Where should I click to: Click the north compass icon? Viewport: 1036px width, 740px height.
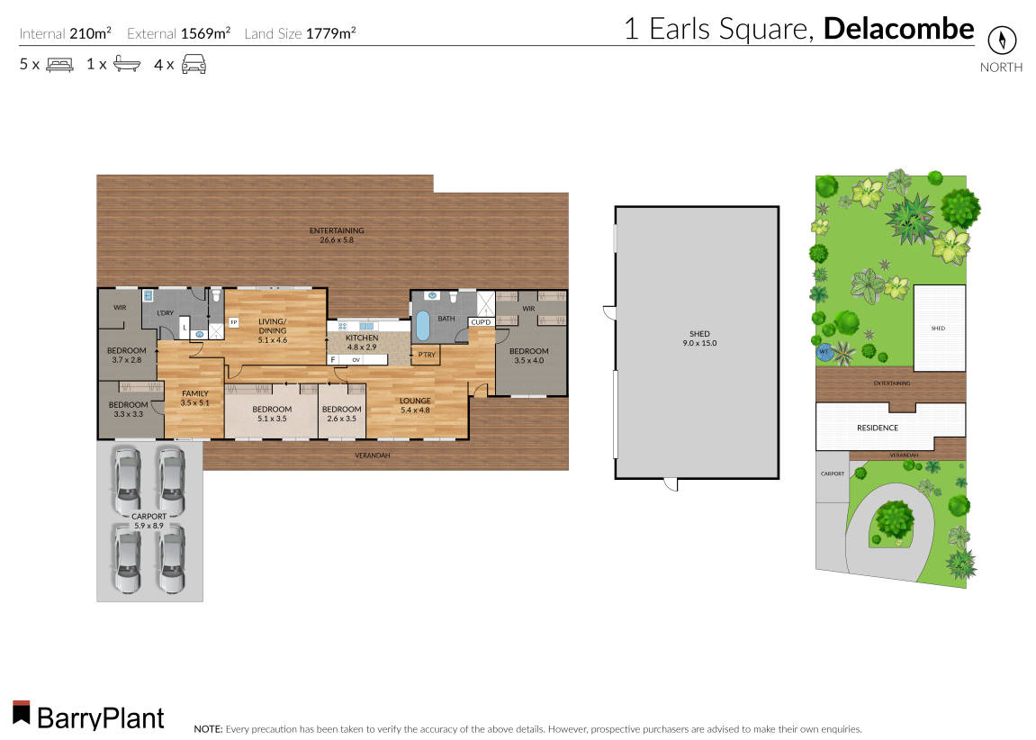click(x=1001, y=41)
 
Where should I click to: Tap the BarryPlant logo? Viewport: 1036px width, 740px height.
click(x=88, y=716)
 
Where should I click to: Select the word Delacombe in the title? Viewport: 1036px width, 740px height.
click(x=898, y=29)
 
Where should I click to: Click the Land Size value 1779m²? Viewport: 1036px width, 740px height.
click(x=330, y=33)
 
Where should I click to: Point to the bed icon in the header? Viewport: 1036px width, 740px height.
click(x=59, y=65)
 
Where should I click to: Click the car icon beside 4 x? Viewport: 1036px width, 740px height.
click(x=194, y=64)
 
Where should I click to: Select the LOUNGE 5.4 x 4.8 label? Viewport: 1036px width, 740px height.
click(x=416, y=405)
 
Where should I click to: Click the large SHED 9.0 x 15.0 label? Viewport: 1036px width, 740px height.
click(x=699, y=338)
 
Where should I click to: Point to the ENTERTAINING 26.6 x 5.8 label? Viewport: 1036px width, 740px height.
click(x=336, y=235)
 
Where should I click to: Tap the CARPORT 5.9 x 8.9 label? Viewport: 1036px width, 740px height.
click(x=149, y=521)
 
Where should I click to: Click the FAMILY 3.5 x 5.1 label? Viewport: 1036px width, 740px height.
click(x=194, y=398)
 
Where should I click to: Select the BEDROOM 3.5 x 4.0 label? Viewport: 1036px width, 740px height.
click(x=528, y=356)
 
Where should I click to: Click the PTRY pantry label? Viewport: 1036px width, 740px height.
click(x=427, y=355)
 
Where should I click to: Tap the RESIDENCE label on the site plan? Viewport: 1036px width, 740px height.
click(x=877, y=428)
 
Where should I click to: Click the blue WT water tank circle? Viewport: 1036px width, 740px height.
click(x=823, y=352)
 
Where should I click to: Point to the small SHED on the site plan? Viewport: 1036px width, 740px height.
click(x=939, y=329)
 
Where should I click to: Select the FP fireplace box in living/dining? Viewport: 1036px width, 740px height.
click(x=233, y=321)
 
